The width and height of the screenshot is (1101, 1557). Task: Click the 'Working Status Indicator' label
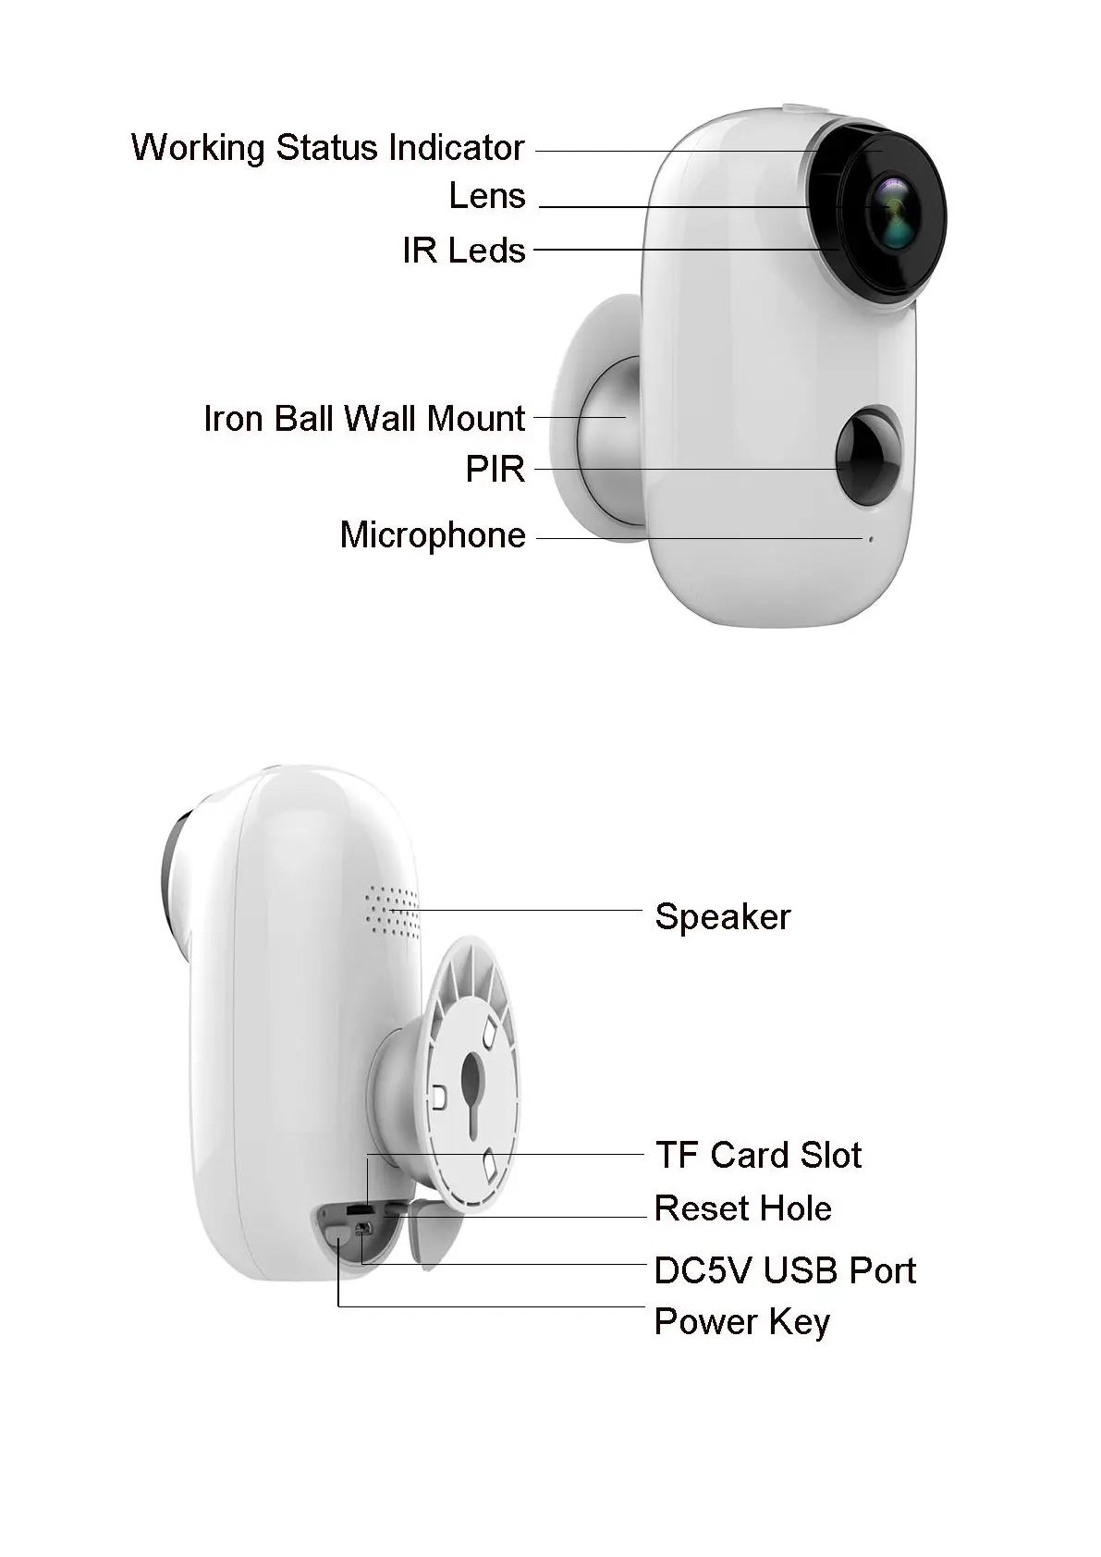[327, 148]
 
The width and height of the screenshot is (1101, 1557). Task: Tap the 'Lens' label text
[486, 196]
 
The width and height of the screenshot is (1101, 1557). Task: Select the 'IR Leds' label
[463, 251]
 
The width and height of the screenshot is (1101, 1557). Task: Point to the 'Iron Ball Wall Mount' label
[364, 419]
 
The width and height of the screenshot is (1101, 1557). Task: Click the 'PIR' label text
[495, 470]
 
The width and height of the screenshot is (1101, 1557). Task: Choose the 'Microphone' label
[433, 535]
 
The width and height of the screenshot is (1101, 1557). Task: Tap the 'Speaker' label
[722, 917]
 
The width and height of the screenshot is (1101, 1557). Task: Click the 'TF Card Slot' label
[758, 1155]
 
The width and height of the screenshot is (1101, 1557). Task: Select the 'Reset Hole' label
[742, 1208]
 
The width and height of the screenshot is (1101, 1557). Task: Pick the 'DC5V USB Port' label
[784, 1270]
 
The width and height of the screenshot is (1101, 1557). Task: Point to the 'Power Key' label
[741, 1322]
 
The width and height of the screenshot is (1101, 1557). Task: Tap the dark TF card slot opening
[357, 1209]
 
